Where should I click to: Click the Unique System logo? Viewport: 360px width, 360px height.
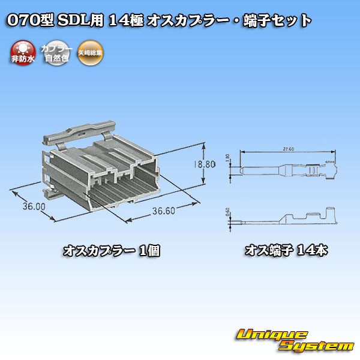(x=294, y=340)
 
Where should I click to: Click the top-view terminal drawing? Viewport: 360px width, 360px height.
(x=286, y=170)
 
